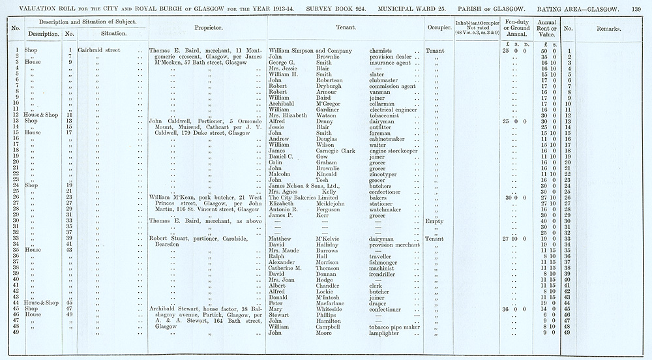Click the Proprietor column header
pyautogui.click(x=208, y=29)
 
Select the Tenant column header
pyautogui.click(x=345, y=29)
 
